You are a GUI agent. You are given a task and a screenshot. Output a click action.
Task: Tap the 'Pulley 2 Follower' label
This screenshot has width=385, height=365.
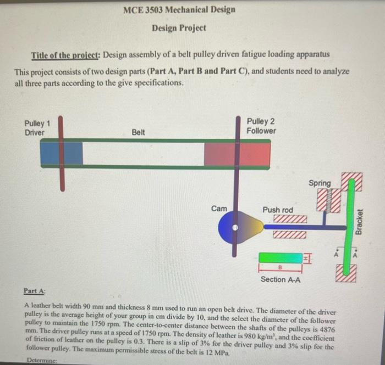(x=261, y=126)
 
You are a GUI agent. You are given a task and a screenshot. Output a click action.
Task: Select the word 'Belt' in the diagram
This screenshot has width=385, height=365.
(x=139, y=132)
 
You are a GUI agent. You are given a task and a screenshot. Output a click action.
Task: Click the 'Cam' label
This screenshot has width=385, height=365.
(x=218, y=208)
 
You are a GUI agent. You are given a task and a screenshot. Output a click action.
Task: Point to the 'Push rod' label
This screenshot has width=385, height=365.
(x=278, y=210)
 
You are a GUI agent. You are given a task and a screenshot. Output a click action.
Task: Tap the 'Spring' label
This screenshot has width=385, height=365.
(x=320, y=183)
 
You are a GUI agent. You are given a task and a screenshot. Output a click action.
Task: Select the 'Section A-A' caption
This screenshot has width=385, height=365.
(x=280, y=280)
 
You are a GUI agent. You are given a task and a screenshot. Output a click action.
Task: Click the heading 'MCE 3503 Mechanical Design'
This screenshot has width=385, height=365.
(x=179, y=10)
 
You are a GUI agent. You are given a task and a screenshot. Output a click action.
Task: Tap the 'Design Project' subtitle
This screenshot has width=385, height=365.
(x=179, y=27)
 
